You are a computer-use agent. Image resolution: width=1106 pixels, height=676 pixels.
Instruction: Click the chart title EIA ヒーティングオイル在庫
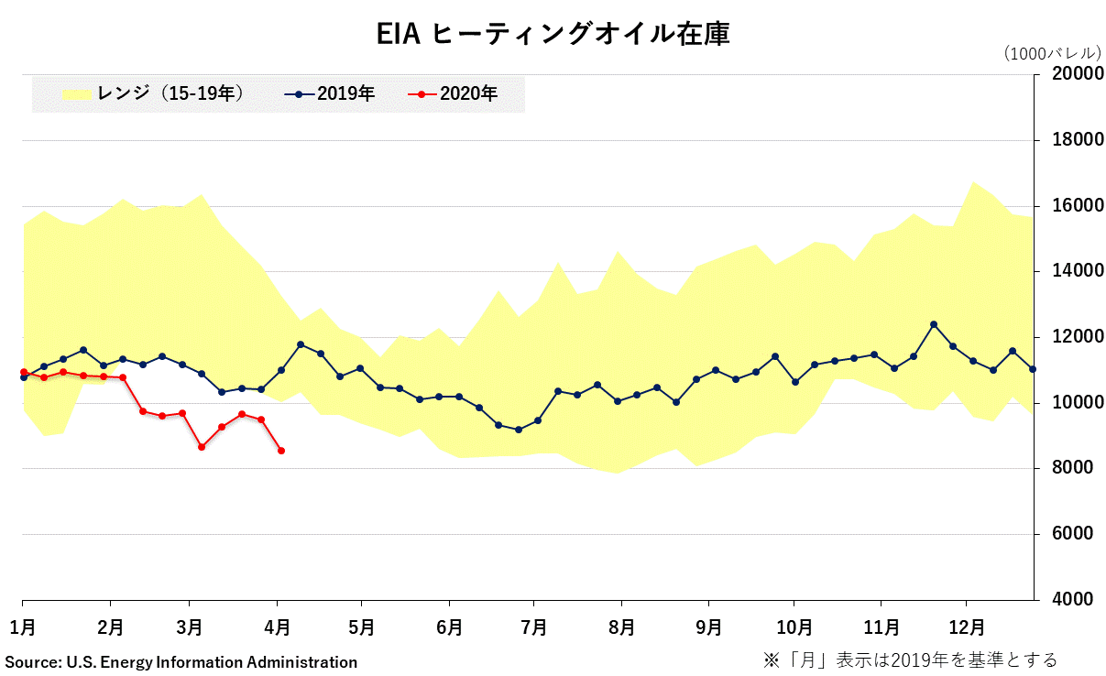553,34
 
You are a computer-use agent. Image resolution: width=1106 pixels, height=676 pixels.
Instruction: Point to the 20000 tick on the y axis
1069,74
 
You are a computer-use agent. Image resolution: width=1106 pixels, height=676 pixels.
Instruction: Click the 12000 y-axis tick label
1069,337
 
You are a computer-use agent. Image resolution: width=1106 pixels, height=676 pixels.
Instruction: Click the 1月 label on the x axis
23,627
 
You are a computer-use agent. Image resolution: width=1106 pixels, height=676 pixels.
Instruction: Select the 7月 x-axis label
534,627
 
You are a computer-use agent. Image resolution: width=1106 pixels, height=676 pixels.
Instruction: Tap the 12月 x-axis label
967,627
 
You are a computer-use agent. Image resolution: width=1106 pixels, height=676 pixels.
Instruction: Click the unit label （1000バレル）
1053,53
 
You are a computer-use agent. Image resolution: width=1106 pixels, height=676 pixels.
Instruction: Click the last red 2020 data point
281,451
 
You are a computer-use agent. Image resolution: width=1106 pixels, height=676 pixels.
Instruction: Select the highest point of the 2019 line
934,324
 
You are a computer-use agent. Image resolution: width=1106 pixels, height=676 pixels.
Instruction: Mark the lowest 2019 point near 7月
519,430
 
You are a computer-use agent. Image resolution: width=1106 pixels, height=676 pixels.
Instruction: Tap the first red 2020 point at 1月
23,372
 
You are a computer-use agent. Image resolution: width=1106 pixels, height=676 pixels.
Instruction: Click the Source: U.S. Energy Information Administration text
181,661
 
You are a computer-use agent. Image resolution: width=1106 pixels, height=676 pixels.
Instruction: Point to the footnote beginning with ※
910,660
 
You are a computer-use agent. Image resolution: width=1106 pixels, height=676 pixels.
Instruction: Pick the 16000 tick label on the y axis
1069,206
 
